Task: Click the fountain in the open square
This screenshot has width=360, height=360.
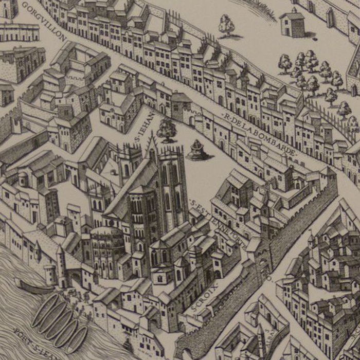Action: pyautogui.click(x=196, y=150)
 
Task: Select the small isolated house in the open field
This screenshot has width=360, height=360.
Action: pyautogui.click(x=293, y=23)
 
